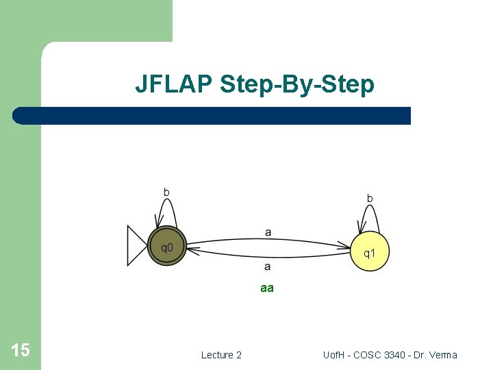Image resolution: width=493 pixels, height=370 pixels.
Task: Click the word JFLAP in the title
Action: [174, 84]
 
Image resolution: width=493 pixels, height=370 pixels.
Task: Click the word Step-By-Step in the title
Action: [297, 85]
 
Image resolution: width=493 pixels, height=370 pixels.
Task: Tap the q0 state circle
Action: [166, 246]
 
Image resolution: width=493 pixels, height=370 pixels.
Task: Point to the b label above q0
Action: [166, 192]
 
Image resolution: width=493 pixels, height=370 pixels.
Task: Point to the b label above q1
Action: [370, 198]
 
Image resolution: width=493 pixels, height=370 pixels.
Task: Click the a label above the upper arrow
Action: [268, 232]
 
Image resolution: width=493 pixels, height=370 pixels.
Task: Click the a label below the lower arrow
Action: [267, 266]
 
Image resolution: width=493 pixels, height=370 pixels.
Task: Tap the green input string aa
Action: [267, 288]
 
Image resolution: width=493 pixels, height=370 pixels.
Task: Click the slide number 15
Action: [21, 351]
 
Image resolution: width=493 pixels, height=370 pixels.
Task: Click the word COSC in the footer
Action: [373, 355]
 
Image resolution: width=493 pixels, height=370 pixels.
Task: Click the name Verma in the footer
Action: [444, 355]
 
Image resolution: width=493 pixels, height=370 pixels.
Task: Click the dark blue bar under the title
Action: [212, 116]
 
